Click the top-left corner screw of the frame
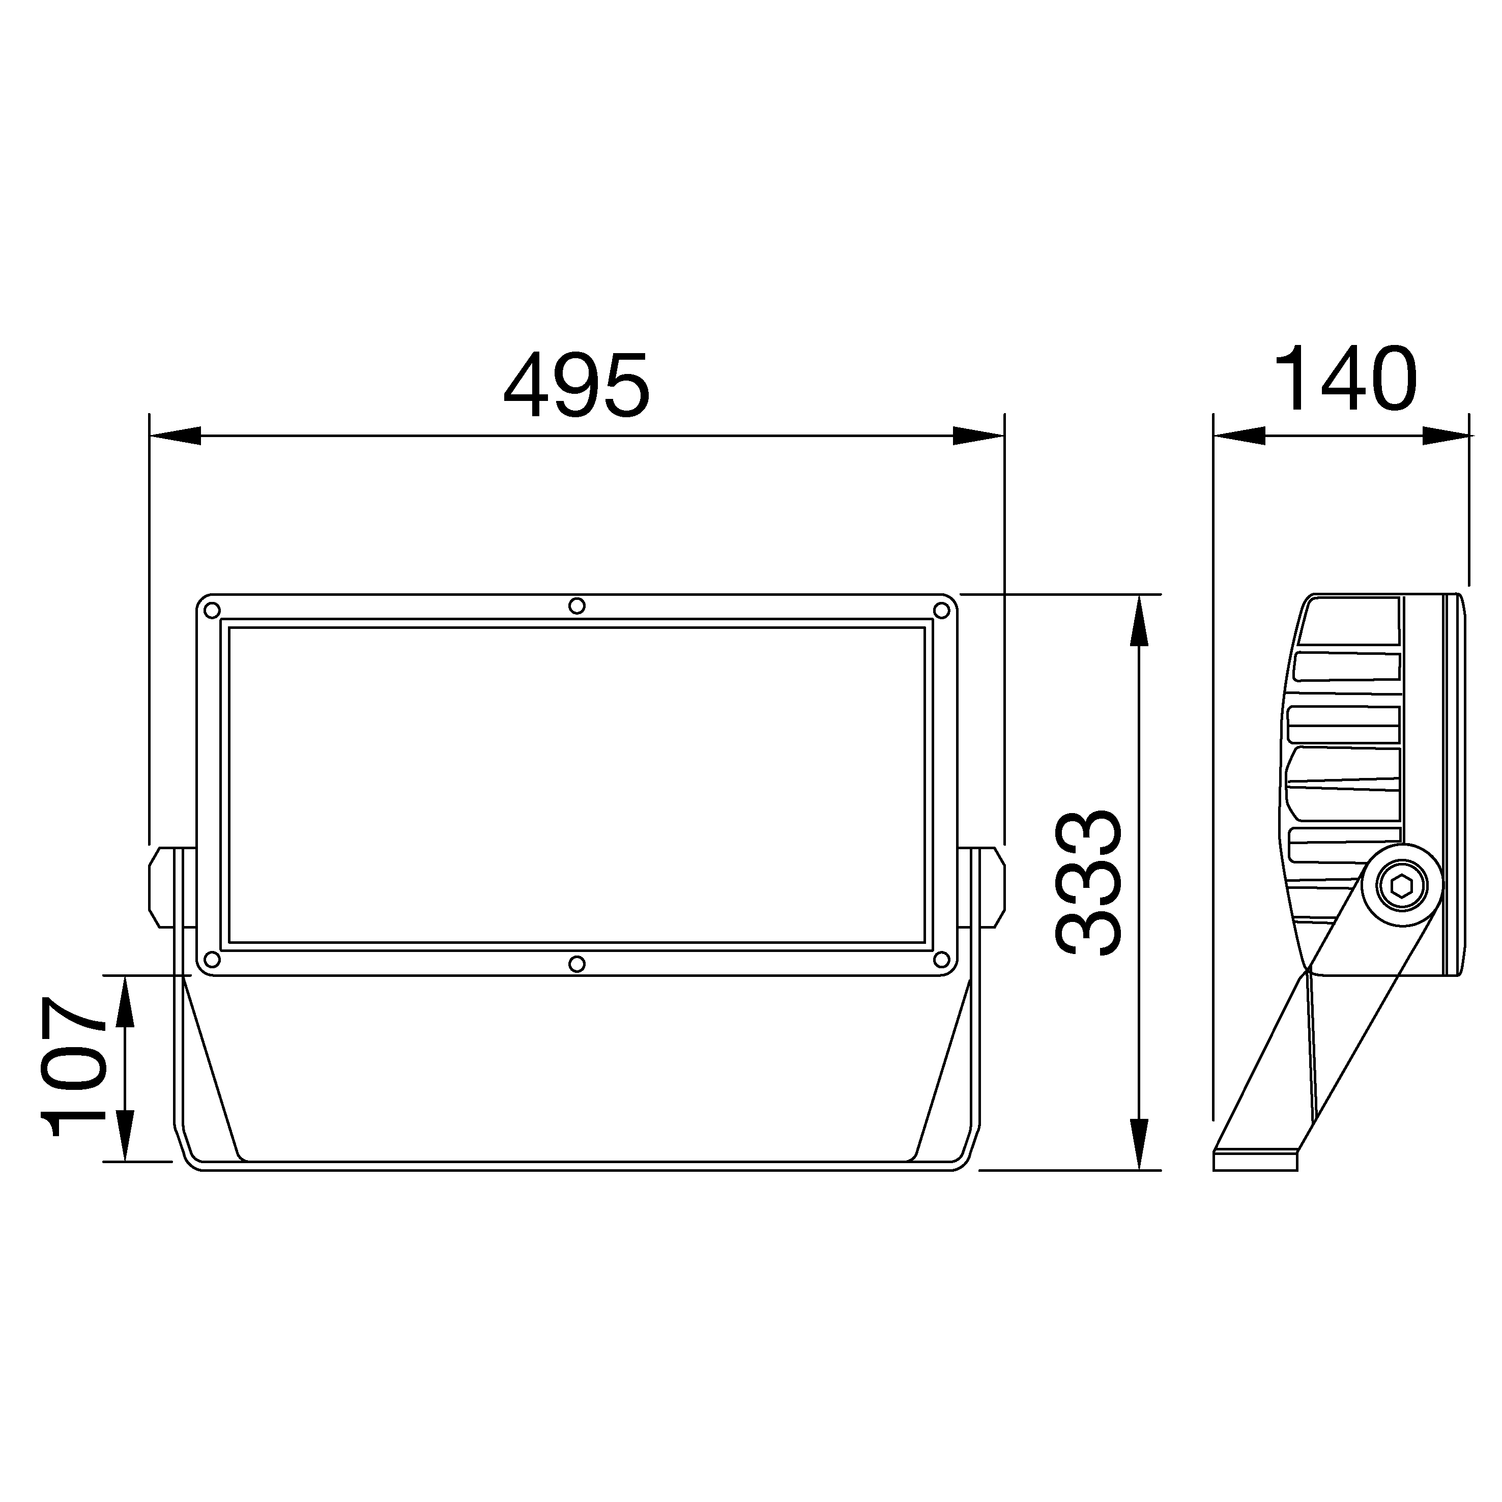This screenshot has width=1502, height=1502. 212,610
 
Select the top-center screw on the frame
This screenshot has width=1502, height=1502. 577,605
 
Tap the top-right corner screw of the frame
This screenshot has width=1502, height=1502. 941,610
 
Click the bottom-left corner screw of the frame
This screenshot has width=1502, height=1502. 212,959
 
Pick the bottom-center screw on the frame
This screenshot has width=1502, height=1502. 577,964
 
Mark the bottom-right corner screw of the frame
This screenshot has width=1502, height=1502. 941,959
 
